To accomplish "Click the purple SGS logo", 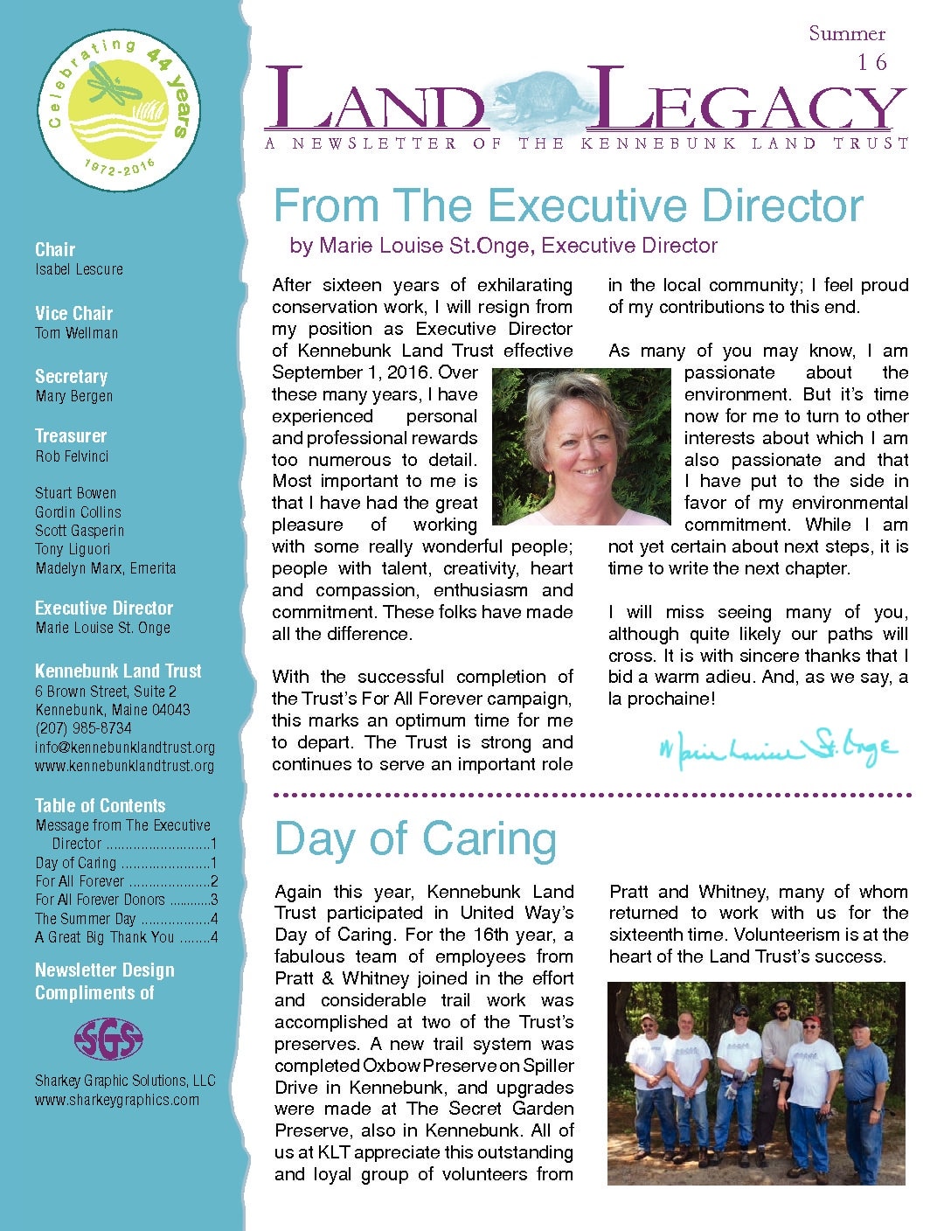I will click(x=108, y=1039).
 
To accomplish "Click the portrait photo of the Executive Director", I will click(x=580, y=446).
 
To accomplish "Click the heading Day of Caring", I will click(x=415, y=838).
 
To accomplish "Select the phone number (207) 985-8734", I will click(x=83, y=728).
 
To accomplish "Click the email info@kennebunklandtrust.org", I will click(x=125, y=748).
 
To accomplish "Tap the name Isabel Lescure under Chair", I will click(x=80, y=269).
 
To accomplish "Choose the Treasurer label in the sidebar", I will click(x=71, y=435).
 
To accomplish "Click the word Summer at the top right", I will click(x=846, y=34).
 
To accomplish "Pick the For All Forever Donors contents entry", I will click(x=101, y=900).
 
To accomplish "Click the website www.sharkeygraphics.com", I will click(x=117, y=1100).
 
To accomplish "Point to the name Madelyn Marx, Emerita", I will click(x=106, y=568).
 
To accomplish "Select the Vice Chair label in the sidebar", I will click(x=74, y=313).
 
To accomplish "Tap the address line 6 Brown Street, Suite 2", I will click(x=106, y=692).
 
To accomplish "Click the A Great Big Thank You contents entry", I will click(x=105, y=937).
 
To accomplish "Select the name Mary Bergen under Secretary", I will click(x=74, y=396).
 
